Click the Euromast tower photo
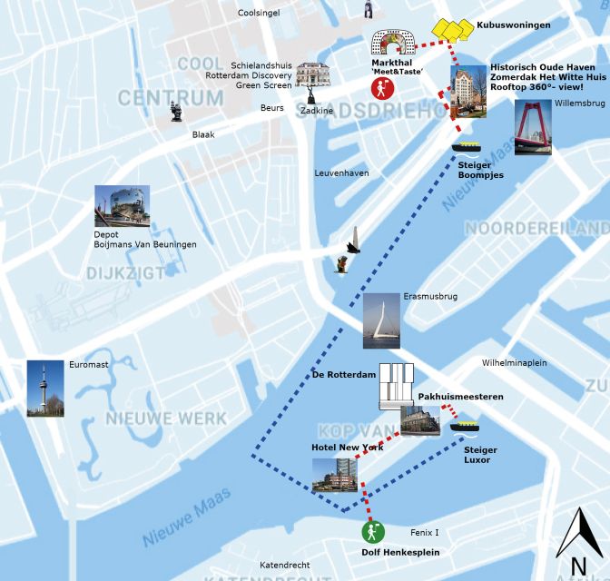[x=45, y=389]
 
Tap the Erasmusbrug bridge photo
[x=380, y=321]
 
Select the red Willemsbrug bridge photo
[x=533, y=127]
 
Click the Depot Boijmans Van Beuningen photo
[x=122, y=207]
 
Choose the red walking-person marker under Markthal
[x=382, y=88]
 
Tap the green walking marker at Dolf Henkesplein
[x=372, y=531]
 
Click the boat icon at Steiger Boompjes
[x=468, y=146]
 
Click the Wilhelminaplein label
[x=514, y=362]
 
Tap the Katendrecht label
[x=284, y=565]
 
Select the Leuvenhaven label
[x=341, y=172]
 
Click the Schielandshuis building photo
[x=311, y=75]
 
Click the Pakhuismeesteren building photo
[x=420, y=419]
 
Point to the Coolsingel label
[x=259, y=13]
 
